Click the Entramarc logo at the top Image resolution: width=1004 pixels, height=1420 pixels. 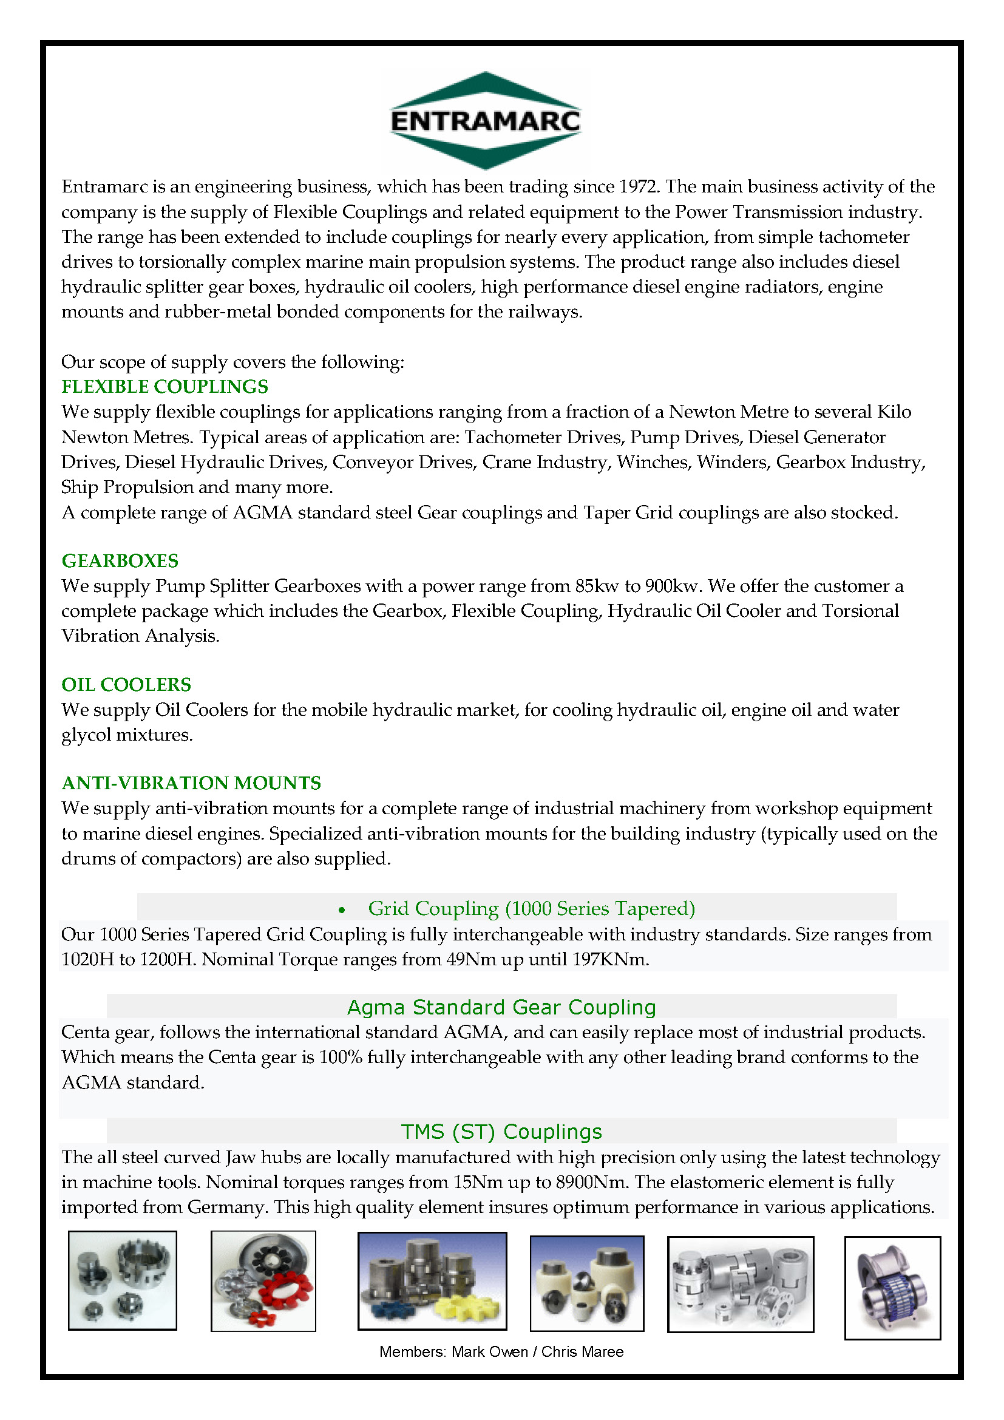pos(486,121)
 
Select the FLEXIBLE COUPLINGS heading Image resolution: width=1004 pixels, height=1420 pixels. pos(165,387)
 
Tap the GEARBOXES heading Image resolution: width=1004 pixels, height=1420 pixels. pos(120,561)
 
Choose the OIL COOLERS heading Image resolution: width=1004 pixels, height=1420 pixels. pos(126,685)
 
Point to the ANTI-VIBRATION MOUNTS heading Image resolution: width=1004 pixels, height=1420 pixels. pos(191,783)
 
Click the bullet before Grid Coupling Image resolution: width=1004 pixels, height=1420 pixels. pos(342,910)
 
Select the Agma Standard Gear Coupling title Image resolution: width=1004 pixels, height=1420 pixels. pos(501,1007)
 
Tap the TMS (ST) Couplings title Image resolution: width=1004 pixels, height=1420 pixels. pos(501,1131)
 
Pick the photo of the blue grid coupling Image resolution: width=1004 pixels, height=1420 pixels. pos(892,1288)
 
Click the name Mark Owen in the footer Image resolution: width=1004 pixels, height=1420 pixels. pos(489,1351)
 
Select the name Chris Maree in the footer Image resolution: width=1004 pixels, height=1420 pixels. pos(582,1351)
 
